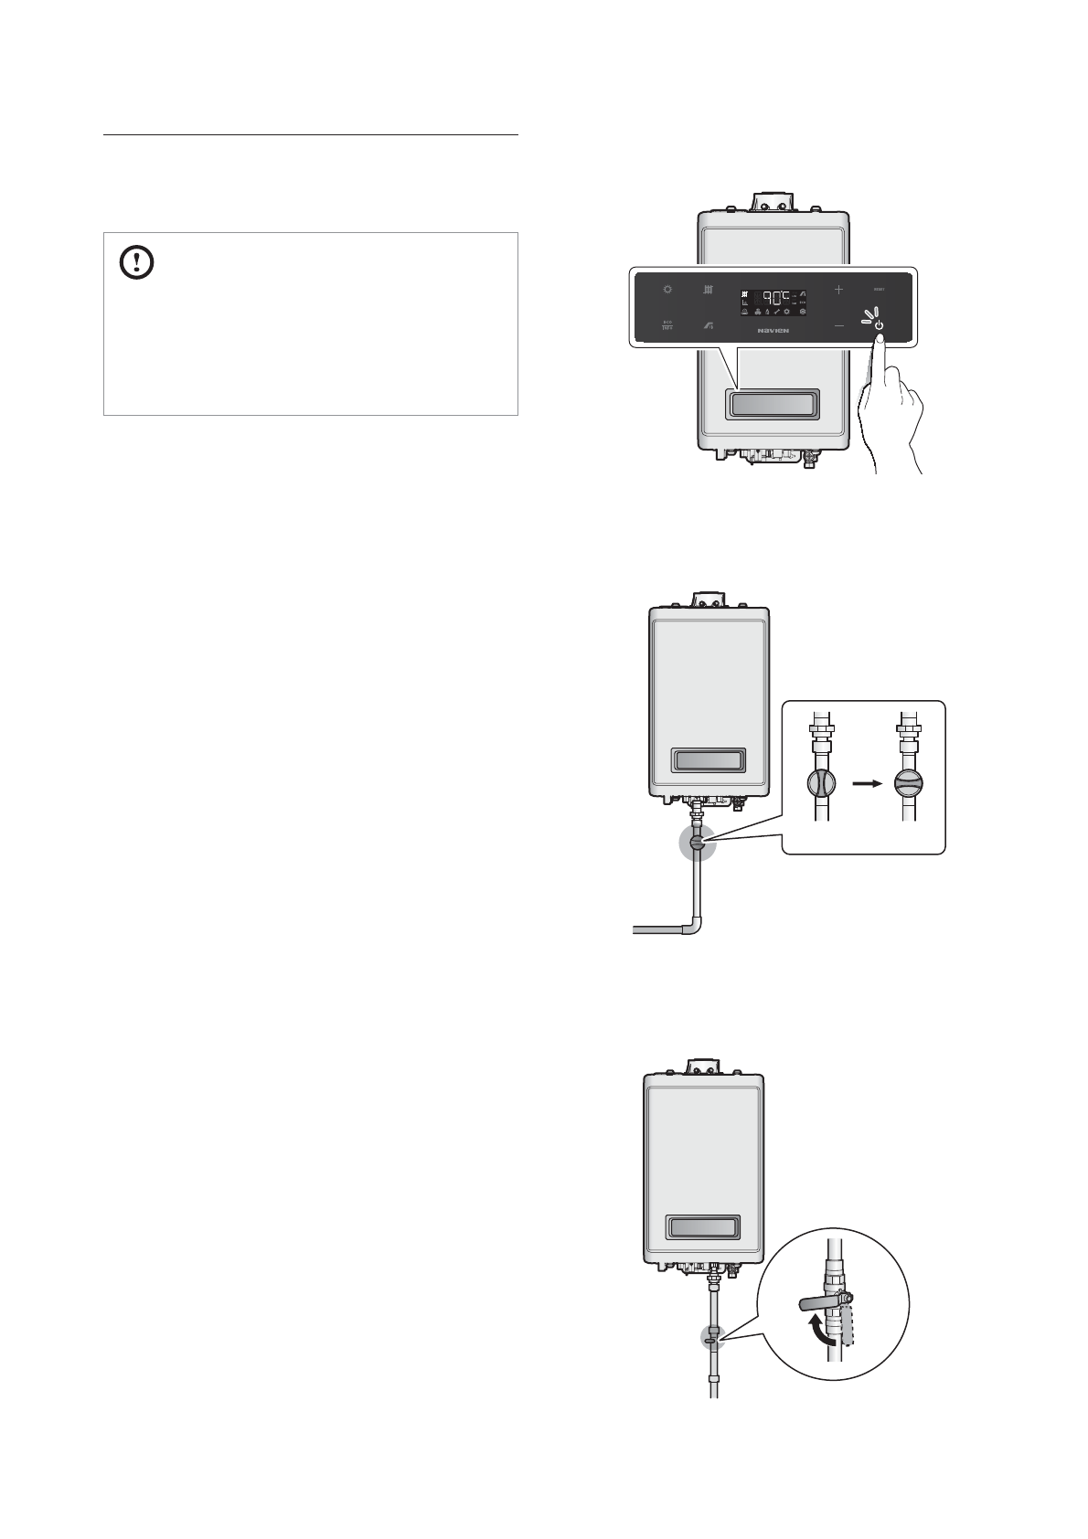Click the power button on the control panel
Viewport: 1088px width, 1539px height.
click(878, 324)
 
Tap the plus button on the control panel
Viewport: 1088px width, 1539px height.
click(838, 290)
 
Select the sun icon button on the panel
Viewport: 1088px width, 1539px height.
click(667, 290)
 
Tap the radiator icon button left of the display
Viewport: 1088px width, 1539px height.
click(708, 290)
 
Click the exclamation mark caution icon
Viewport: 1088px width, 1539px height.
click(137, 263)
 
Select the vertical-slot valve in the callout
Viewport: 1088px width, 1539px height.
click(820, 784)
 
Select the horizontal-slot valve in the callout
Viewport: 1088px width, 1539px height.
click(909, 784)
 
